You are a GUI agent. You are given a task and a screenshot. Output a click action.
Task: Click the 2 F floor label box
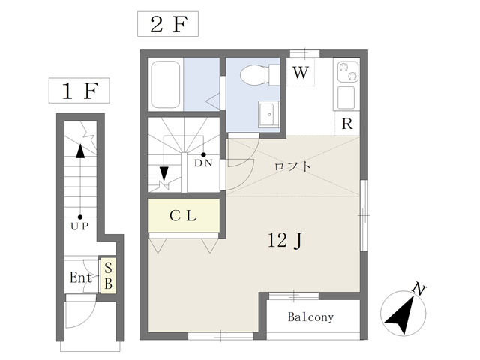168,24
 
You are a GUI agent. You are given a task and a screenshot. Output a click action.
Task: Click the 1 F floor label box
79,90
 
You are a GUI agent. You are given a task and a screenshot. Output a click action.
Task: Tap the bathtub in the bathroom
165,84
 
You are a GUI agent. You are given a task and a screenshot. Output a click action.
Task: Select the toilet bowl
254,75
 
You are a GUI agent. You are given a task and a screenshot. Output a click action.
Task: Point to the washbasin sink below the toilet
268,114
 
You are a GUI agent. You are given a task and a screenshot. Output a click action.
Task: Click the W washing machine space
300,72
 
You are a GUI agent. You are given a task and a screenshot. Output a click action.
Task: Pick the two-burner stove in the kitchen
348,71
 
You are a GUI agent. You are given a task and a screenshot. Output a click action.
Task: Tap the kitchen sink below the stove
346,97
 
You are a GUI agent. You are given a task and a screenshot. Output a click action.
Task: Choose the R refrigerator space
347,124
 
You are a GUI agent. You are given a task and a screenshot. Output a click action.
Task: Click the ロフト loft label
292,166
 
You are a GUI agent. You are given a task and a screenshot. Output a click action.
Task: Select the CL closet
184,216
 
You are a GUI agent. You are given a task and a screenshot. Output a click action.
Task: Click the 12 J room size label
285,240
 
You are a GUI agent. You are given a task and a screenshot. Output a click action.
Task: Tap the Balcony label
310,317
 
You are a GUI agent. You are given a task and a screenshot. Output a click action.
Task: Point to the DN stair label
203,163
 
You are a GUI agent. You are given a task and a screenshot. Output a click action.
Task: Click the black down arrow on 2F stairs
164,173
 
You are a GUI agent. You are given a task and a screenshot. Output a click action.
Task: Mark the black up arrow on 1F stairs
80,151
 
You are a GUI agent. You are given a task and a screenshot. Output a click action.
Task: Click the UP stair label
79,226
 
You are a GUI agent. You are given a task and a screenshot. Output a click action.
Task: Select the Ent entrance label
81,277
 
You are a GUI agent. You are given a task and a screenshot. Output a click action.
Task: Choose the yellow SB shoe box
108,276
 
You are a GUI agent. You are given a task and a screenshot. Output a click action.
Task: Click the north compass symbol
403,312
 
